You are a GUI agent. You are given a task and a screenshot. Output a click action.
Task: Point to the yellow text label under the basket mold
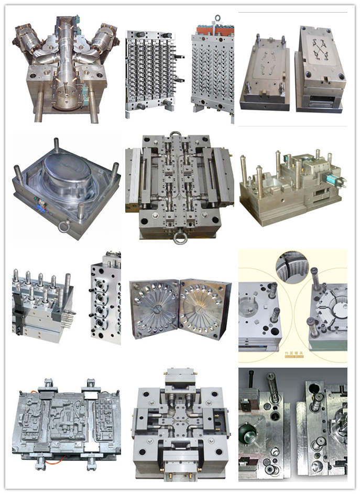(x=291, y=356)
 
